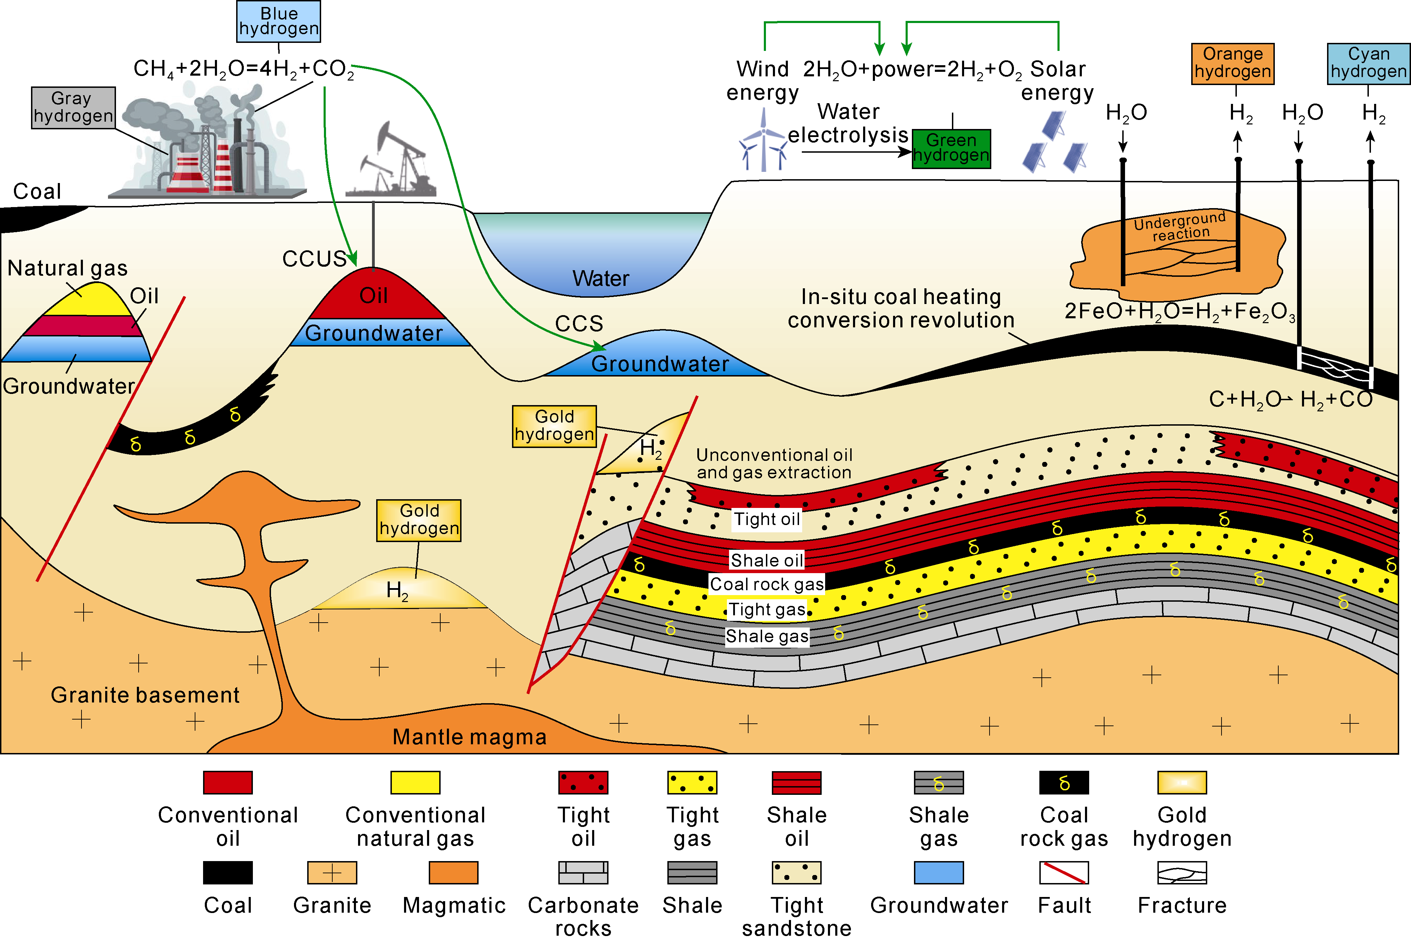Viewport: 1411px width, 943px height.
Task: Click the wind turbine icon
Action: point(763,144)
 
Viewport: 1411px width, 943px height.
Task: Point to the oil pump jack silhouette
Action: point(394,162)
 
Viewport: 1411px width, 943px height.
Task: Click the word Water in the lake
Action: point(600,279)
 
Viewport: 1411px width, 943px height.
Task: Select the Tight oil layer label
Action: point(767,519)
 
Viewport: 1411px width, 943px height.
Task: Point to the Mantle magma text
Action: point(469,737)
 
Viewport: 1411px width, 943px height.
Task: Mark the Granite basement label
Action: point(145,695)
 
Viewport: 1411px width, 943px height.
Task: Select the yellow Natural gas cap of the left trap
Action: point(90,301)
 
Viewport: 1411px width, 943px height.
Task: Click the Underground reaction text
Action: point(1180,226)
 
